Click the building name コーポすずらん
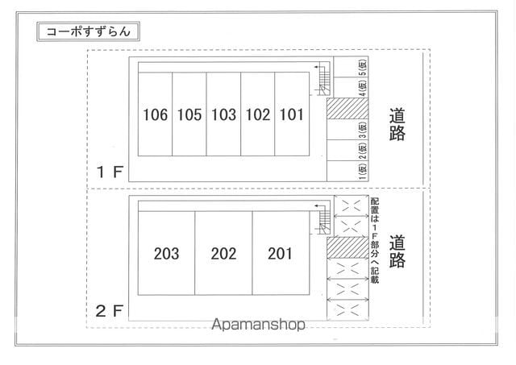coord(88,31)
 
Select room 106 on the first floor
coord(155,114)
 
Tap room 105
coord(189,114)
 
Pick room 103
coord(223,114)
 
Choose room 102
coord(258,114)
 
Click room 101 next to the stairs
coord(292,114)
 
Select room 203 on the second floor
coord(167,253)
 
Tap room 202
coord(223,253)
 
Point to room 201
coord(281,253)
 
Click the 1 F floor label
coord(110,172)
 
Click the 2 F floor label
coord(110,311)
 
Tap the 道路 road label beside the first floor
coord(397,124)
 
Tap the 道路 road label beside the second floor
coord(397,251)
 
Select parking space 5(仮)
coord(363,67)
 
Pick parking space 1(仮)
coord(363,172)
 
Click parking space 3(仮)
coord(363,130)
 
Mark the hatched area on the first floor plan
coord(347,108)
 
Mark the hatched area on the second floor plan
coord(347,247)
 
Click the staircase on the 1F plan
coord(324,79)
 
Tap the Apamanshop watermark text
coord(258,325)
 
